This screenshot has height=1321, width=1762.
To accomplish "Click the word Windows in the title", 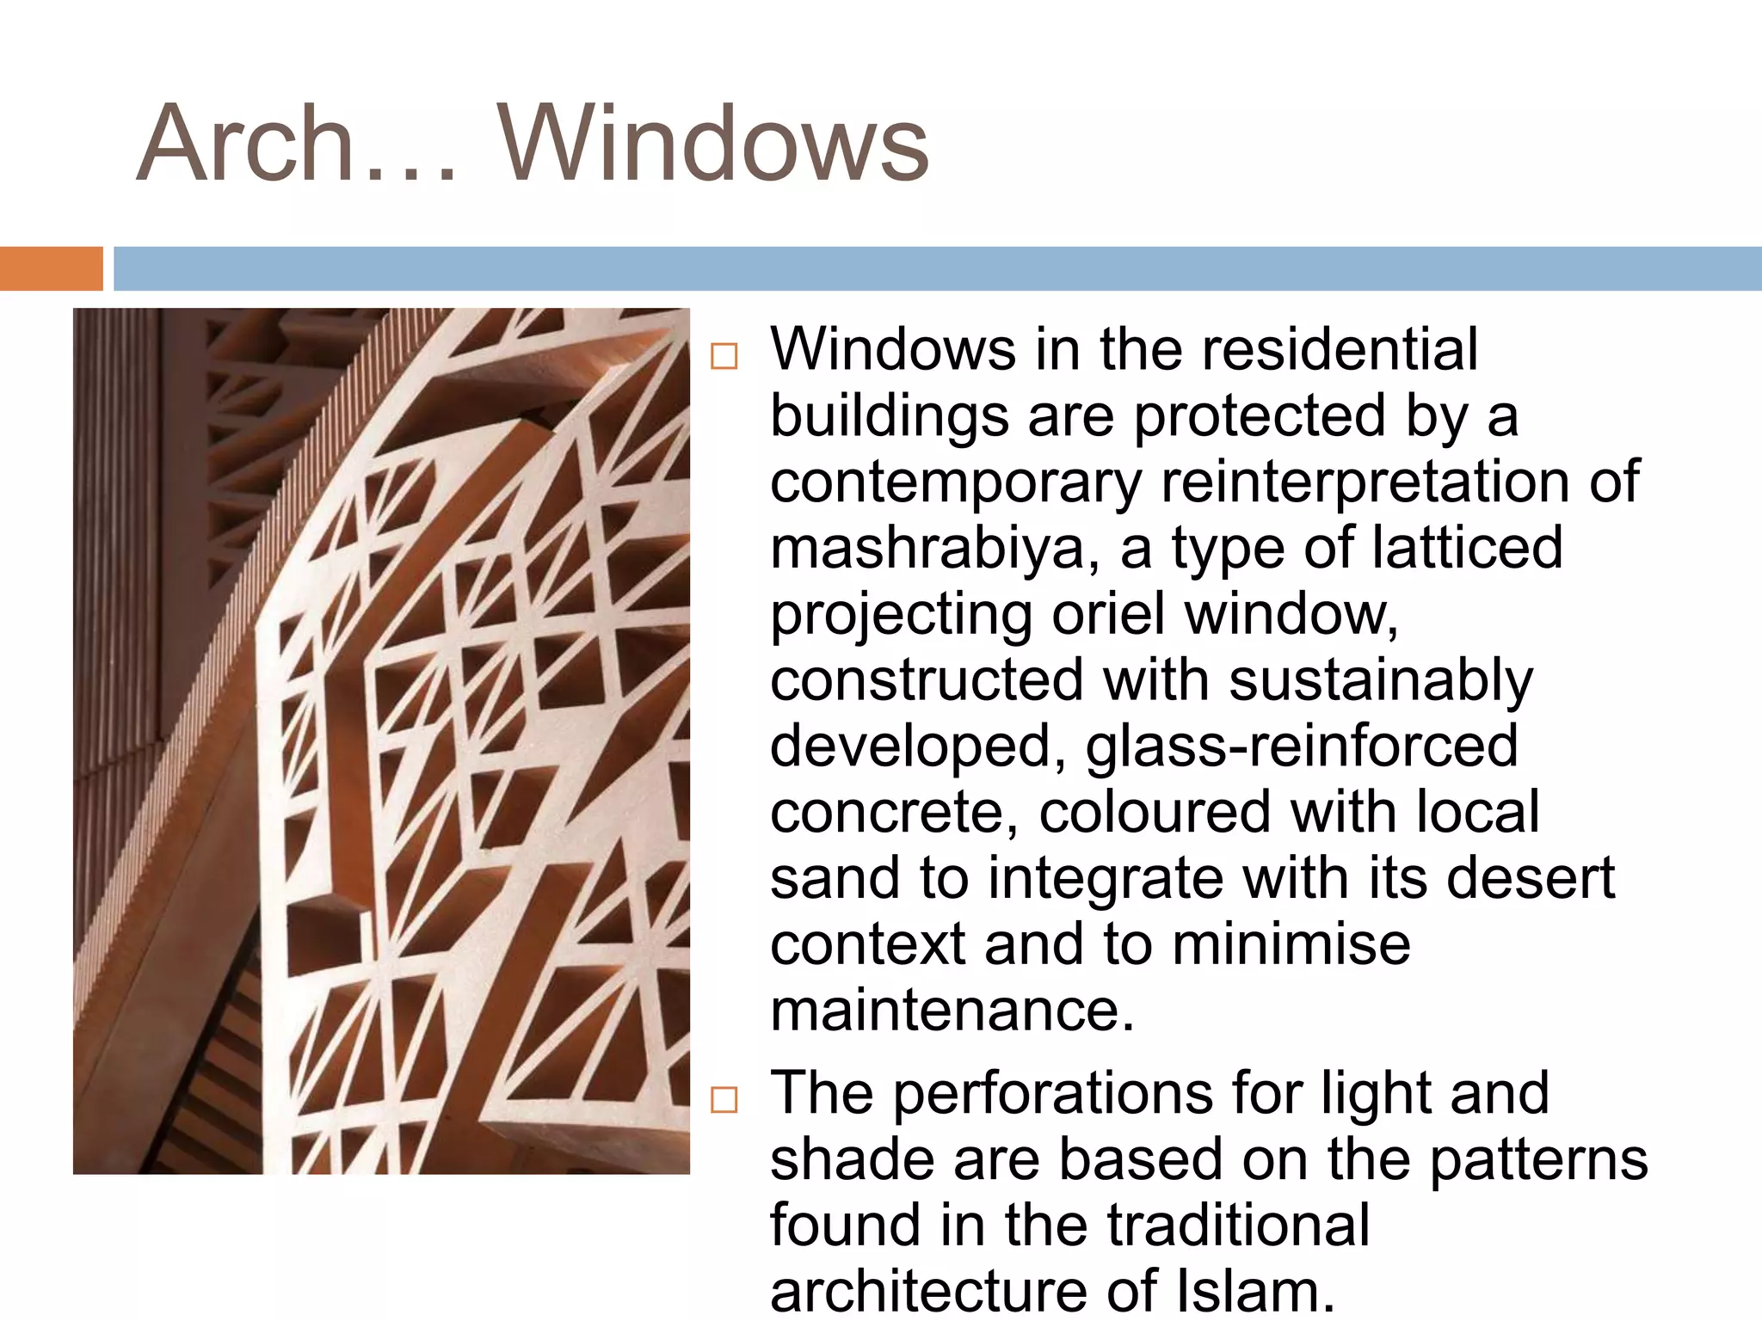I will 714,144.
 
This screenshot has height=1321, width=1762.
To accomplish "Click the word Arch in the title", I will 246,144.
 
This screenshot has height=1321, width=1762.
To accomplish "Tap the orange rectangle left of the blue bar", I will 51,268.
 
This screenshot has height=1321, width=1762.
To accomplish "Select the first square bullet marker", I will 724,356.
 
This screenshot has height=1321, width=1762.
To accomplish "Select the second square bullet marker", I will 724,1099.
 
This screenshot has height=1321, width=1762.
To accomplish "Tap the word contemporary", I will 955,483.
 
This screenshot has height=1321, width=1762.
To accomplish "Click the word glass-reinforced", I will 1301,747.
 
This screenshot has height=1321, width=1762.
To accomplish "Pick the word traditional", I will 1238,1226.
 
